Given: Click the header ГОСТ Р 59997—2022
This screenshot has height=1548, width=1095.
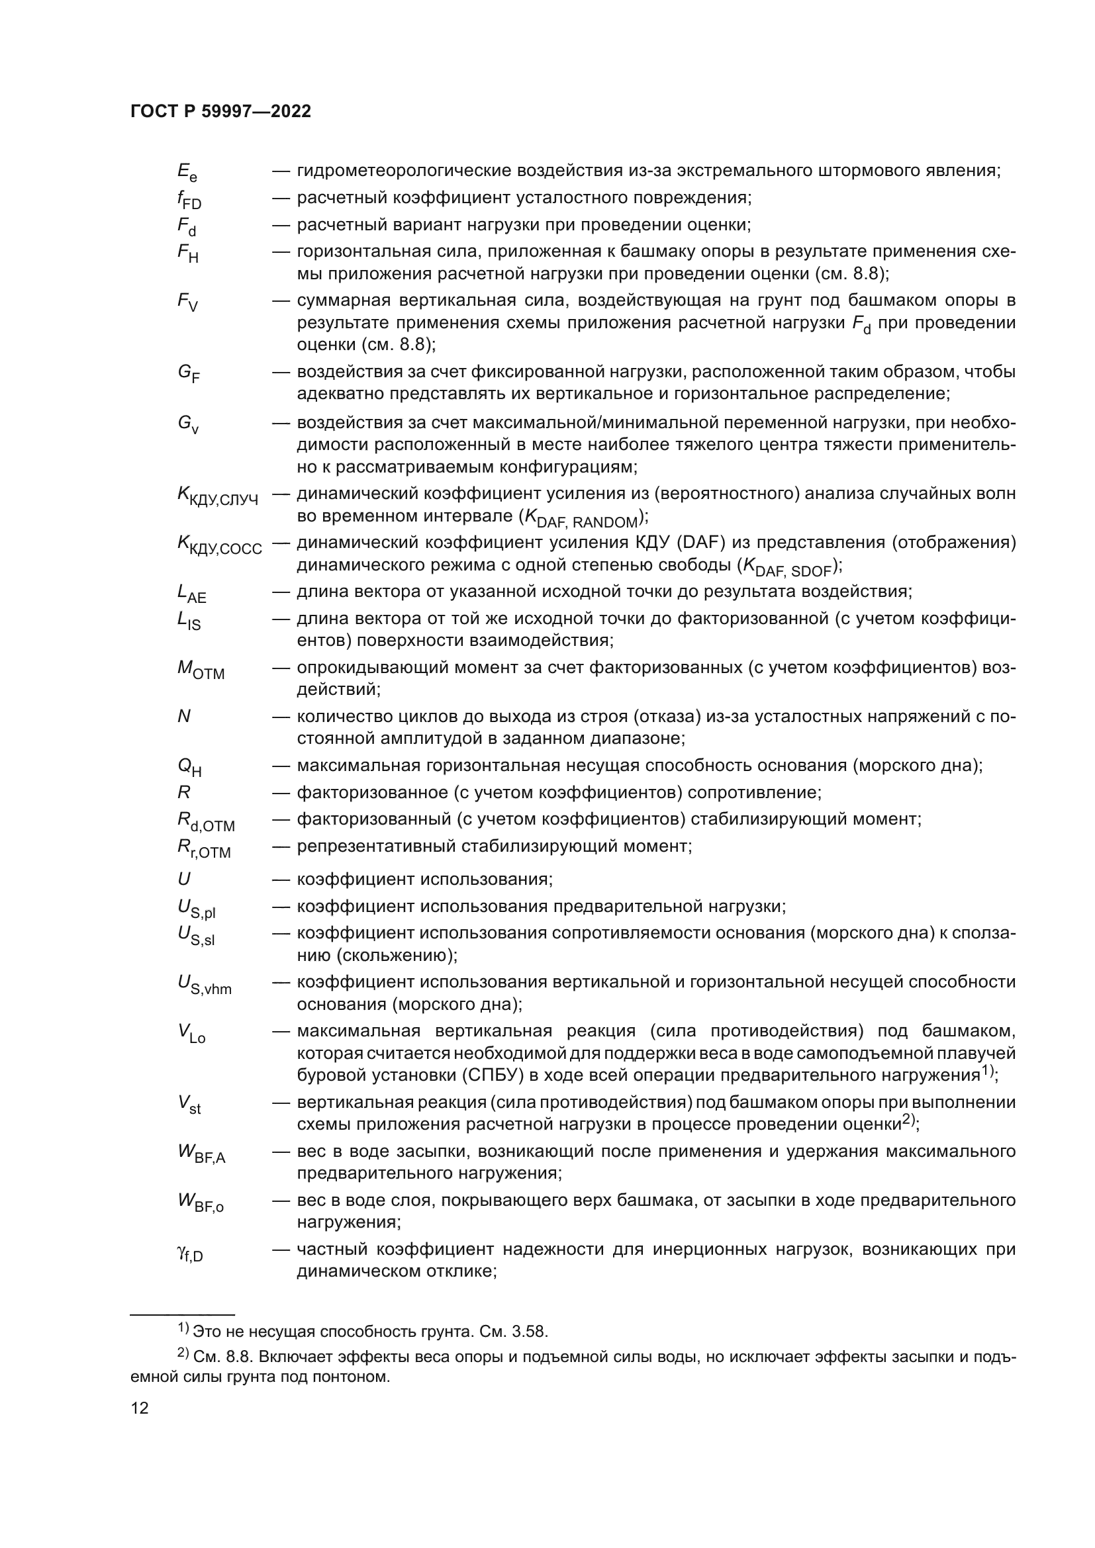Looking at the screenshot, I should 220,112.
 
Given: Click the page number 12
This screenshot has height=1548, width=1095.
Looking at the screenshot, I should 140,1408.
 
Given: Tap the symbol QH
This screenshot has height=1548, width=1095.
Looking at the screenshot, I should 189,767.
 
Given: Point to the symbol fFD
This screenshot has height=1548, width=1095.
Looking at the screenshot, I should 189,200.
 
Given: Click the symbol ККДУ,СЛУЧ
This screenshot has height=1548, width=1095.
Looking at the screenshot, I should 217,496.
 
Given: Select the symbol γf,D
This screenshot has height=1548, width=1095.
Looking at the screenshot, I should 189,1253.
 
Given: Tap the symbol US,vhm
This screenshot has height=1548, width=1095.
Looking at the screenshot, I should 204,985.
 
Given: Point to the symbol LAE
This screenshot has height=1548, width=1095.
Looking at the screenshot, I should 191,593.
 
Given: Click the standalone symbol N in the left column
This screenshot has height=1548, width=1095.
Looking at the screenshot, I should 183,716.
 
